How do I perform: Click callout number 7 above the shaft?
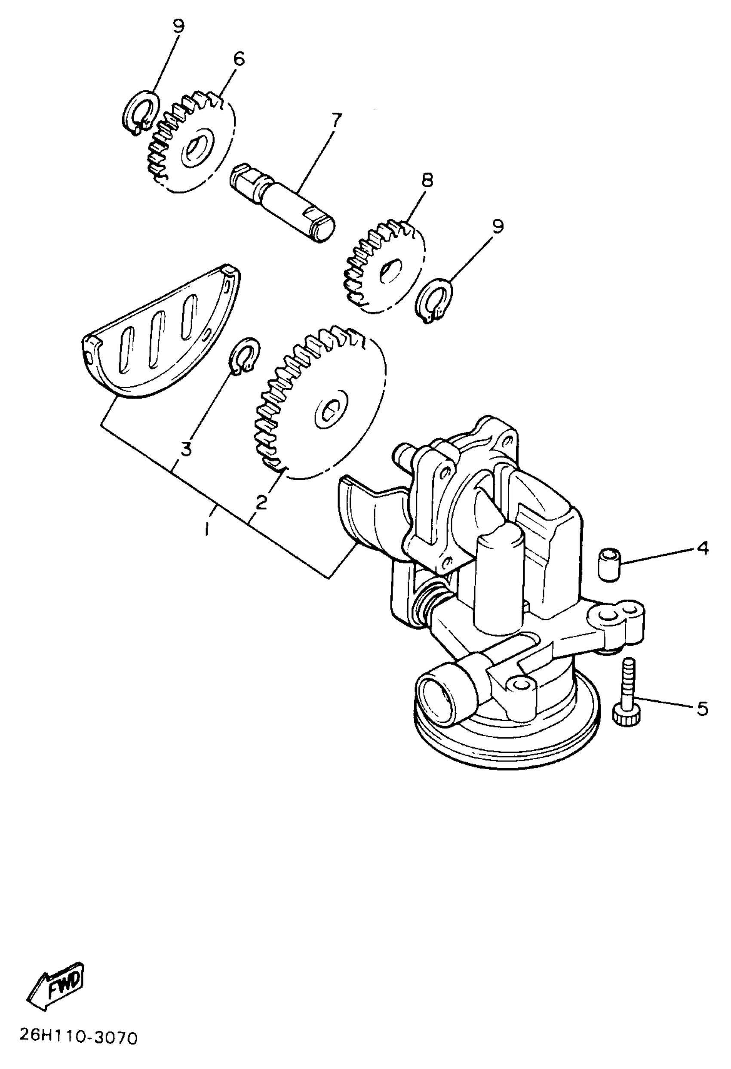tap(337, 121)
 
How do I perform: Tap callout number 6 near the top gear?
tap(239, 59)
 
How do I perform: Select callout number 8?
tap(427, 180)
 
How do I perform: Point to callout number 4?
tap(703, 548)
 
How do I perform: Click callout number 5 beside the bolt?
tap(703, 709)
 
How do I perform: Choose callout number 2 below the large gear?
tap(261, 503)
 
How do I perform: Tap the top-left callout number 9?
tap(178, 26)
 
